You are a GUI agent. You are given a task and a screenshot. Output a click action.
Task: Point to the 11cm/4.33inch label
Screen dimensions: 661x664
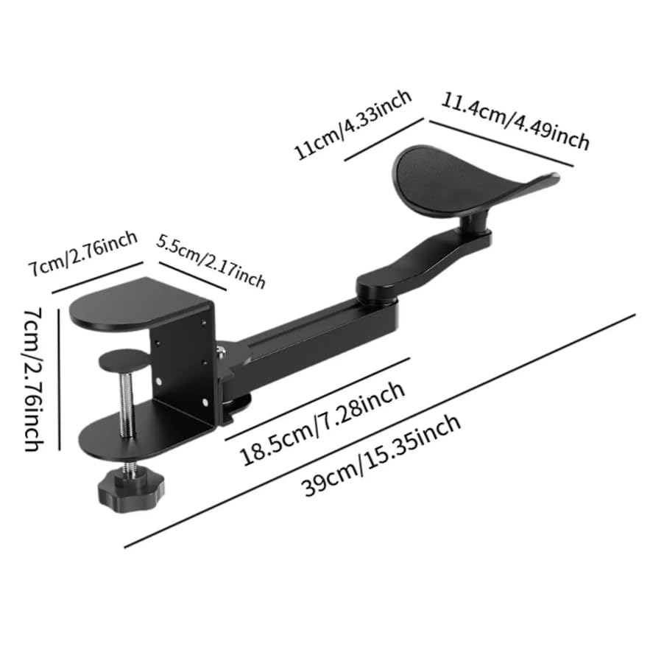point(353,125)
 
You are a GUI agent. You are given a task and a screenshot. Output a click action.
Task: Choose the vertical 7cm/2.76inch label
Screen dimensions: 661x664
point(32,380)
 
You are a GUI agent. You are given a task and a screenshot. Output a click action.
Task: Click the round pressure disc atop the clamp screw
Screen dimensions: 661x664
point(123,360)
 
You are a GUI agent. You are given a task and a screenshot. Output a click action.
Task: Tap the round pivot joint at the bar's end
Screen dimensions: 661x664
point(378,284)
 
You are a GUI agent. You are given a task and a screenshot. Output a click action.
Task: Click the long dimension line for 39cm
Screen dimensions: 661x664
point(379,431)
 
